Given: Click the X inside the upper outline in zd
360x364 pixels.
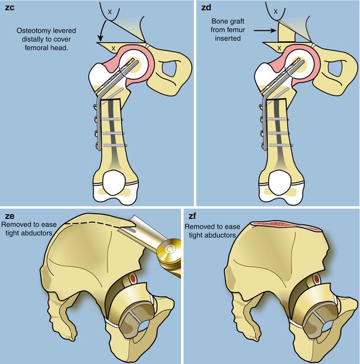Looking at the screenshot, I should click(x=276, y=10).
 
